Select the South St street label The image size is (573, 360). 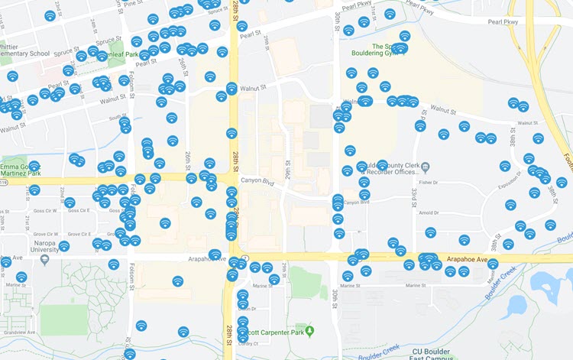point(117,117)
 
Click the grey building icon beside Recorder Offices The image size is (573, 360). point(426,167)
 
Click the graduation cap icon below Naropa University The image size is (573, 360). point(44,259)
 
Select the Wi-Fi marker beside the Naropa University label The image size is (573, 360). point(64,246)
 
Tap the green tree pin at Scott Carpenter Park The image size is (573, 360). point(310,330)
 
